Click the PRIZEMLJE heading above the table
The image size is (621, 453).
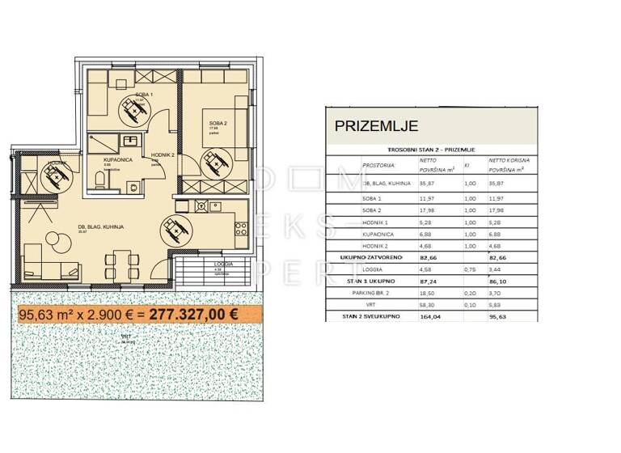point(376,126)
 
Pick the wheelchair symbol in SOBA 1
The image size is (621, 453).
point(130,108)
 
